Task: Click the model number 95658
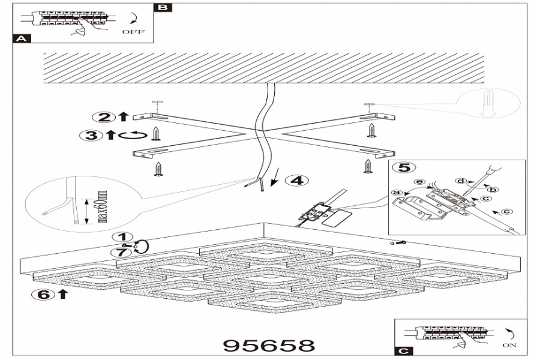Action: pyautogui.click(x=269, y=346)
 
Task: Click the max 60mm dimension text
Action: pyautogui.click(x=101, y=206)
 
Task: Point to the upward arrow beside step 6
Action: pyautogui.click(x=62, y=294)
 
